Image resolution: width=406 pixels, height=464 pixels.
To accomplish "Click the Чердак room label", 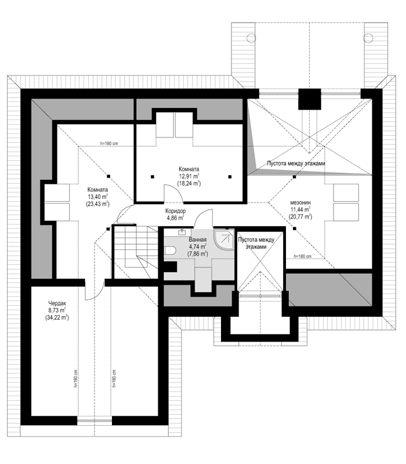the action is [57, 303].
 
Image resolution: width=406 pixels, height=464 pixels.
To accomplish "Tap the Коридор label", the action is [176, 211].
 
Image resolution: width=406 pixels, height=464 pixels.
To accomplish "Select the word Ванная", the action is [197, 240].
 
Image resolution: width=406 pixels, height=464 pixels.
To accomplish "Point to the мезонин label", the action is [300, 202].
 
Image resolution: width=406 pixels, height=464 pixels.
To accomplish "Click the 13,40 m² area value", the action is [97, 197].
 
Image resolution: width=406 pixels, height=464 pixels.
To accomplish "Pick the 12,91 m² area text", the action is [189, 176].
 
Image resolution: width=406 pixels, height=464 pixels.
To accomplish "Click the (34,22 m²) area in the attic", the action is [57, 318].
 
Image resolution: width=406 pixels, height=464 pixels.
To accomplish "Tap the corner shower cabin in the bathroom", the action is [223, 240].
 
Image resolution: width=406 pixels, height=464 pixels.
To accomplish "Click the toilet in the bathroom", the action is [171, 251].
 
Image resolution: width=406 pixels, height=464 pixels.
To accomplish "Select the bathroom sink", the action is [182, 232].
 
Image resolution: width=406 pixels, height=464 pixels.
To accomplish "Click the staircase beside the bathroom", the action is [136, 252].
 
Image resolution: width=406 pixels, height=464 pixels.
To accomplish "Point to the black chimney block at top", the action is [310, 99].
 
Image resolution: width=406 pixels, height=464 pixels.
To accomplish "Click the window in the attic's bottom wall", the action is [95, 420].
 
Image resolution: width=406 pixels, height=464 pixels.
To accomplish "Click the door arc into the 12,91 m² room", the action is [173, 193].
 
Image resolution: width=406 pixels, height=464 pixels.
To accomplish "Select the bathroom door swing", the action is [204, 218].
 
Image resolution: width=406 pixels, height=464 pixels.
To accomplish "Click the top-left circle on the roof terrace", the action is [251, 38].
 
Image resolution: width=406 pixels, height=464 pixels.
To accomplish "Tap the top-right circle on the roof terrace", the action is [368, 38].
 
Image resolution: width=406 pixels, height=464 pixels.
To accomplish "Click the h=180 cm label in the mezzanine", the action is [302, 256].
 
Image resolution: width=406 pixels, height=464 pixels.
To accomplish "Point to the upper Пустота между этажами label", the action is [296, 164].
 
